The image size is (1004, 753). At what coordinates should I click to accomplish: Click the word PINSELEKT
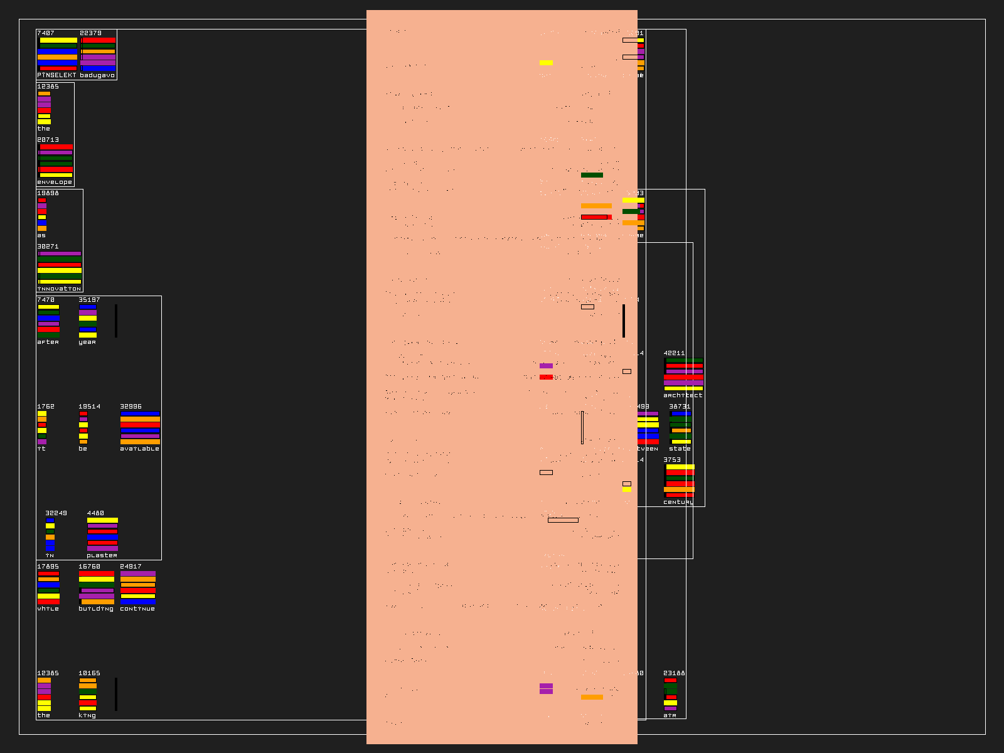[x=56, y=75]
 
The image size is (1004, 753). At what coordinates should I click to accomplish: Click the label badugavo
[x=97, y=75]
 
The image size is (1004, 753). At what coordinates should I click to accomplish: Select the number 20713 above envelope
[x=48, y=140]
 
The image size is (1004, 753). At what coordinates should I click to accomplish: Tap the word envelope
[x=55, y=182]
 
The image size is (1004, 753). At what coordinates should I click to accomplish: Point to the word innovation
[x=59, y=289]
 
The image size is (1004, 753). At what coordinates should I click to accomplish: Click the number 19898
[x=48, y=193]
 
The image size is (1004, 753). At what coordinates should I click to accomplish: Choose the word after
[x=48, y=342]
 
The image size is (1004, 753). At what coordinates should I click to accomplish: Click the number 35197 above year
[x=89, y=300]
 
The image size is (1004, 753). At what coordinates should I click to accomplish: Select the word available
[x=139, y=449]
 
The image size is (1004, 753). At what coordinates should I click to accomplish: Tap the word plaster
[x=102, y=555]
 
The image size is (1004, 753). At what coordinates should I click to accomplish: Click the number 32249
[x=56, y=513]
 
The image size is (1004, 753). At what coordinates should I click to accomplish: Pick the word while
[x=48, y=609]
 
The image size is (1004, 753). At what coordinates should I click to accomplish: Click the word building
[x=96, y=609]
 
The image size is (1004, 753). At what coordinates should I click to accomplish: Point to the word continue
[x=137, y=609]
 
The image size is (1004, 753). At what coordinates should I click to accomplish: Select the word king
[x=87, y=715]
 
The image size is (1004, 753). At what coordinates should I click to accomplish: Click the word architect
[x=683, y=395]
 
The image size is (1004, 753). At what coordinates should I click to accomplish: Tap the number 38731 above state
[x=680, y=407]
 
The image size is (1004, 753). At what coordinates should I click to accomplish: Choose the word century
[x=678, y=502]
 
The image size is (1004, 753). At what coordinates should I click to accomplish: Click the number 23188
[x=674, y=673]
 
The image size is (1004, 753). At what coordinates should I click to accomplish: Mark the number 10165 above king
[x=89, y=673]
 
